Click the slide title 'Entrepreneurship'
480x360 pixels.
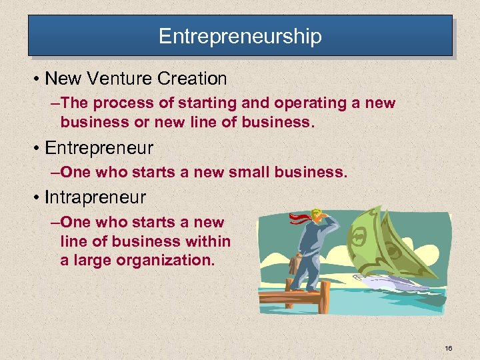pos(240,35)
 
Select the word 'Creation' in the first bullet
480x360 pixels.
pos(193,79)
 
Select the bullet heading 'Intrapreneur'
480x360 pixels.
pos(95,197)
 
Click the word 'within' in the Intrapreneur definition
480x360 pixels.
pos(207,241)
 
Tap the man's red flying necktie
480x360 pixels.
pos(297,219)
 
